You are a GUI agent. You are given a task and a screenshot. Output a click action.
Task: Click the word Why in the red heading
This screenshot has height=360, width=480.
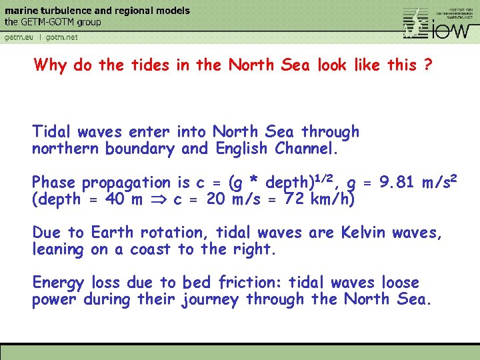point(49,65)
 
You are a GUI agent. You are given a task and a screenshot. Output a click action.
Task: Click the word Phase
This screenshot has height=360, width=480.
point(55,183)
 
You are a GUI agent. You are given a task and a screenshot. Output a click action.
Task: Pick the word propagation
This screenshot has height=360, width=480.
point(127,183)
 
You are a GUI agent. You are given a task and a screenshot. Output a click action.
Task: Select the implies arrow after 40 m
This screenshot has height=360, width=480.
point(159,199)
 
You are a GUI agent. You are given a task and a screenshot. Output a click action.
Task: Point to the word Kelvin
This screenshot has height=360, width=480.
point(364,233)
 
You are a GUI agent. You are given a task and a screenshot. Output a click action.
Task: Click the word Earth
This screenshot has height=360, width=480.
point(113,233)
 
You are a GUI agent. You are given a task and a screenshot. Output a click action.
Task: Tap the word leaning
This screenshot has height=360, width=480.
point(58,249)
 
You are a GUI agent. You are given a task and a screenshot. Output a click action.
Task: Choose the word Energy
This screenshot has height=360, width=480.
point(59,283)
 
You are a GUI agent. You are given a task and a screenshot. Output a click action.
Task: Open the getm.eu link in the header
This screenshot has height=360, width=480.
point(19,37)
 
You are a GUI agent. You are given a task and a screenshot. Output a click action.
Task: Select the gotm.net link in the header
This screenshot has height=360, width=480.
point(62,37)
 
